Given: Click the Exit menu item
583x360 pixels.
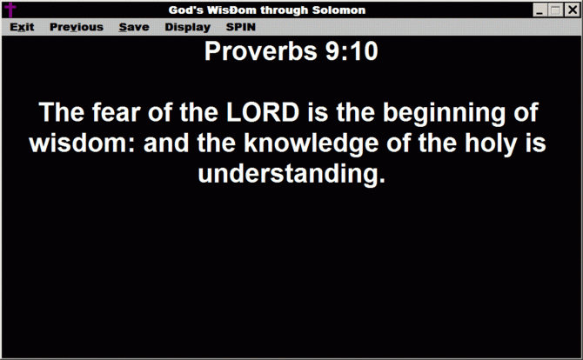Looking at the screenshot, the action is coord(22,27).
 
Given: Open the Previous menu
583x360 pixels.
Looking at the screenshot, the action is coord(77,27).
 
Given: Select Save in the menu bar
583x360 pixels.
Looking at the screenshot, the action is coord(134,27).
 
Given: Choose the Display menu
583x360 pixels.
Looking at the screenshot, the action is coord(187,28).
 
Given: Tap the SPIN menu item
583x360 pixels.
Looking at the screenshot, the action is coord(240,27).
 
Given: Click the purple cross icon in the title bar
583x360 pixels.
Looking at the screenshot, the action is coord(10,10).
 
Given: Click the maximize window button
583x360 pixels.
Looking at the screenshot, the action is coord(556,10).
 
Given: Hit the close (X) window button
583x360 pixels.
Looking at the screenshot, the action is coord(572,10).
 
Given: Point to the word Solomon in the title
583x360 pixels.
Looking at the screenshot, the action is coord(338,10).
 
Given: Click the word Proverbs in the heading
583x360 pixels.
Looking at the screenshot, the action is coord(261,51).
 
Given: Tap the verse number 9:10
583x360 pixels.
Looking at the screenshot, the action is coord(352,51).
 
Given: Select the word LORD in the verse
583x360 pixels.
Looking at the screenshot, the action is coord(263,112).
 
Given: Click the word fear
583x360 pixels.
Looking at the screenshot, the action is coord(117,112).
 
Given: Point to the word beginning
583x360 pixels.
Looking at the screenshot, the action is coord(445,113).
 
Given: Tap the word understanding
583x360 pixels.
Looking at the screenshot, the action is coord(291,175).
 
